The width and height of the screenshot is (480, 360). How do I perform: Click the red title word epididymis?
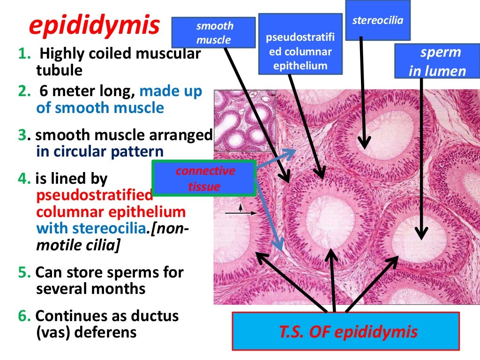(94, 26)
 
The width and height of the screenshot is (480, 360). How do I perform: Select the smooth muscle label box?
(214, 33)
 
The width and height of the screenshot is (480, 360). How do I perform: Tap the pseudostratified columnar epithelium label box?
(300, 44)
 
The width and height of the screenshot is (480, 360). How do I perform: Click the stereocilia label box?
(378, 20)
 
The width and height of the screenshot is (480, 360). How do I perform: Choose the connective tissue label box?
(204, 178)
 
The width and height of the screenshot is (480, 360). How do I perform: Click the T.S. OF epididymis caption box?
(346, 332)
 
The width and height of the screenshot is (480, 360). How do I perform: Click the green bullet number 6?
(24, 316)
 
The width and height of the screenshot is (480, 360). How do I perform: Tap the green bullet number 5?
(24, 272)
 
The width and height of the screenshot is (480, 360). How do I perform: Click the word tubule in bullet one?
(59, 70)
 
